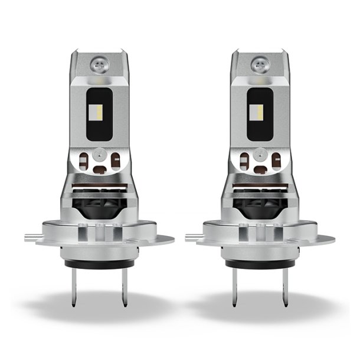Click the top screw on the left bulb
(97, 63)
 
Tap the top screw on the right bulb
(258, 63)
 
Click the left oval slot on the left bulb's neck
(84, 160)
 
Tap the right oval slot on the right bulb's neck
(276, 160)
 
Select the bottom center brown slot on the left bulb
(99, 169)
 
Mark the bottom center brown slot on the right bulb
(260, 169)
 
